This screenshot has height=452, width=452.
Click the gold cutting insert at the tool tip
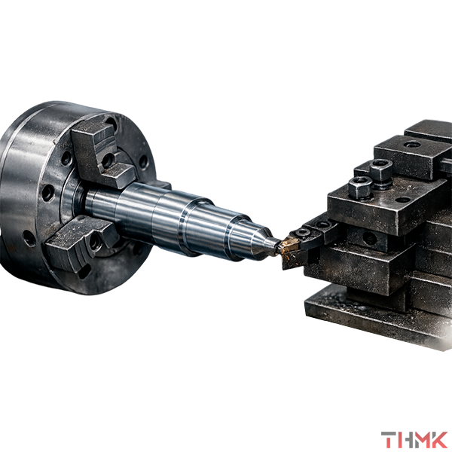point(290,246)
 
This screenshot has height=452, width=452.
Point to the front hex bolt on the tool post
point(360,188)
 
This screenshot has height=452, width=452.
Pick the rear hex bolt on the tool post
point(380,171)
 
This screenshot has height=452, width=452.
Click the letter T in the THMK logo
point(389,440)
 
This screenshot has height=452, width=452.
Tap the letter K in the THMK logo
point(438,440)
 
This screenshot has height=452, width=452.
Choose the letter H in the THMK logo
point(405,440)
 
